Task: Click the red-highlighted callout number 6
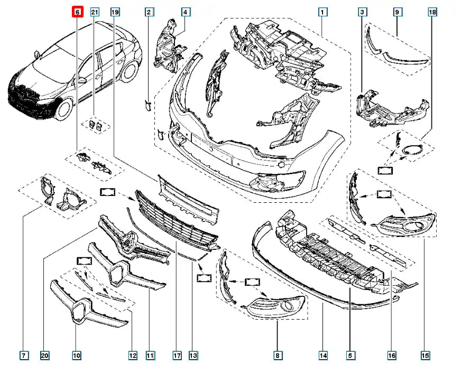pos(77,12)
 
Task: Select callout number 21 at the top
pos(95,12)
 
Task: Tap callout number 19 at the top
pos(115,12)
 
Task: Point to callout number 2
pos(149,12)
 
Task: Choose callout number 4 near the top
pos(186,12)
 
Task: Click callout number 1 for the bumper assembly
pos(322,12)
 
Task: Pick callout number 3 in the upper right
pos(362,12)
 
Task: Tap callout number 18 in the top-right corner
pos(432,12)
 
